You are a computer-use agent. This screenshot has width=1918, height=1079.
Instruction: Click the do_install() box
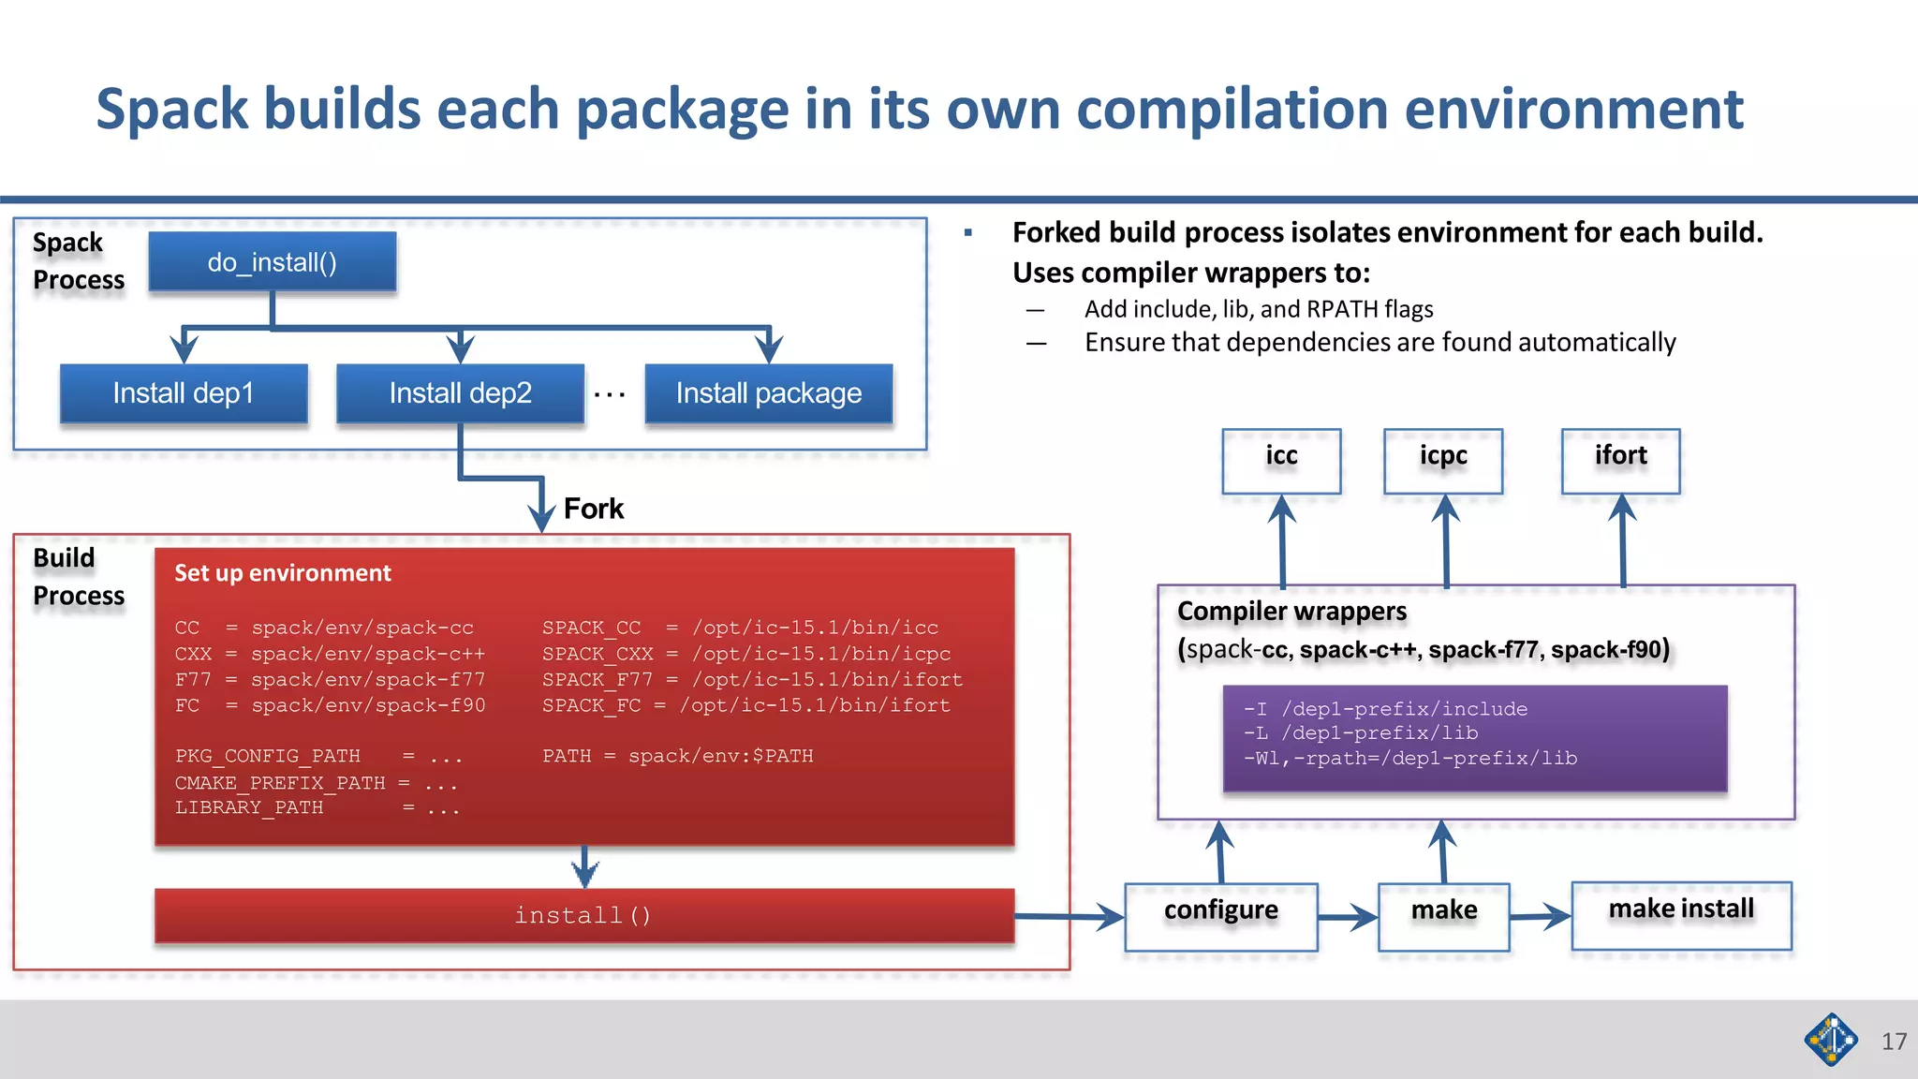pyautogui.click(x=272, y=262)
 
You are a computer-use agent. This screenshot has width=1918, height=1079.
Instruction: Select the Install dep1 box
pyautogui.click(x=184, y=393)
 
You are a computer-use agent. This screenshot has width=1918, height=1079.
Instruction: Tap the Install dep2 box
pyautogui.click(x=460, y=393)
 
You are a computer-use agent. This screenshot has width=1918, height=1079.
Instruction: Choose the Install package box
pyautogui.click(x=768, y=393)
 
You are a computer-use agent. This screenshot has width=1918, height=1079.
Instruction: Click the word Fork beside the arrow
pyautogui.click(x=593, y=509)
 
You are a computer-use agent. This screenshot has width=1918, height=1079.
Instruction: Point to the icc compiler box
pyautogui.click(x=1281, y=460)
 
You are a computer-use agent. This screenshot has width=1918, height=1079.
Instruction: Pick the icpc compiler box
pyautogui.click(x=1443, y=460)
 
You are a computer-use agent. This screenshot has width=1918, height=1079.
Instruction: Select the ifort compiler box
pyautogui.click(x=1620, y=460)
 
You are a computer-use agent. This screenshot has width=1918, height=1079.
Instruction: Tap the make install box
pyautogui.click(x=1681, y=914)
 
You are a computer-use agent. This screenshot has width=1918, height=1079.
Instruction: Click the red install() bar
pyautogui.click(x=583, y=915)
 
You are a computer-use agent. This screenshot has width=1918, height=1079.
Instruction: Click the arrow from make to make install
pyautogui.click(x=1540, y=916)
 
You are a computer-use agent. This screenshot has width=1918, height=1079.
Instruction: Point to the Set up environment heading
pyautogui.click(x=283, y=573)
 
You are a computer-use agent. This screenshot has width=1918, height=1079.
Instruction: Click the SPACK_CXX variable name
pyautogui.click(x=598, y=654)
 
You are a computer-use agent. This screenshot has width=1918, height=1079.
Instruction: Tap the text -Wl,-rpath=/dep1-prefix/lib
pyautogui.click(x=1409, y=759)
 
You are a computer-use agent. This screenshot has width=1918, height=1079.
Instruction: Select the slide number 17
pyautogui.click(x=1894, y=1042)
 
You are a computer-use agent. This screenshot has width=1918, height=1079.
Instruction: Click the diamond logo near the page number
pyautogui.click(x=1831, y=1040)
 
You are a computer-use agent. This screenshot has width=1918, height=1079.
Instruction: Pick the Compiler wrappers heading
pyautogui.click(x=1291, y=612)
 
